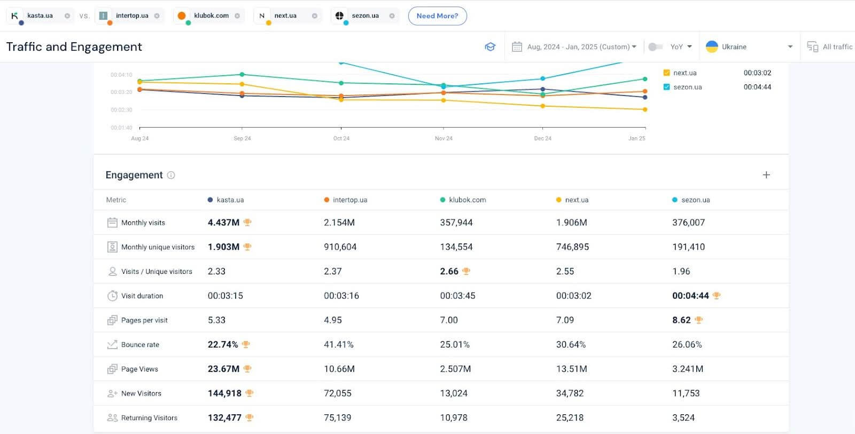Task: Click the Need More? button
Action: pyautogui.click(x=437, y=16)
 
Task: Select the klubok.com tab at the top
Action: pyautogui.click(x=211, y=16)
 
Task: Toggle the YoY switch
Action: pyautogui.click(x=655, y=47)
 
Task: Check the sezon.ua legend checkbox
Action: pyautogui.click(x=666, y=87)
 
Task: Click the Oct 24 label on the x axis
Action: pyautogui.click(x=341, y=138)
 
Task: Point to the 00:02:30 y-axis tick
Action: pyautogui.click(x=121, y=110)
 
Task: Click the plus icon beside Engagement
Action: pyautogui.click(x=766, y=175)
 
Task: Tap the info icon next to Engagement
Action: pyautogui.click(x=171, y=175)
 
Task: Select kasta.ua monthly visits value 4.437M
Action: pyautogui.click(x=223, y=223)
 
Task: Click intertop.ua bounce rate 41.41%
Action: pyautogui.click(x=338, y=345)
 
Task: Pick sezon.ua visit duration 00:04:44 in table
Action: pyautogui.click(x=690, y=296)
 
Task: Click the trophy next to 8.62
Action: pyautogui.click(x=698, y=320)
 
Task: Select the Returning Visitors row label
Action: pyautogui.click(x=149, y=418)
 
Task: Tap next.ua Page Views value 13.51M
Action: pyautogui.click(x=571, y=369)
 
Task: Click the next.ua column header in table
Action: pyautogui.click(x=576, y=200)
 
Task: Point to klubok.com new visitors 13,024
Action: pyautogui.click(x=453, y=393)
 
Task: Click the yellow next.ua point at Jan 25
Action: pyautogui.click(x=645, y=109)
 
